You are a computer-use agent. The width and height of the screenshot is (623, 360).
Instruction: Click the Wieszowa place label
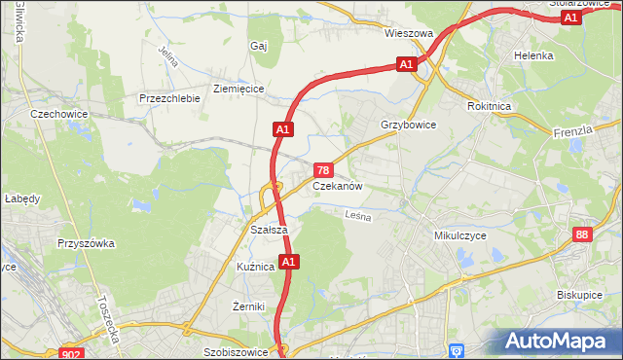[408, 33]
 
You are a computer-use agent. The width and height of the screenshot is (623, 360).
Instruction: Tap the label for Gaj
[258, 46]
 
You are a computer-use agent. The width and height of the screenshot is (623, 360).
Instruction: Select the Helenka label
[533, 55]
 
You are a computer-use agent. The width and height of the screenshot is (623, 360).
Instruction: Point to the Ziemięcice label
[238, 88]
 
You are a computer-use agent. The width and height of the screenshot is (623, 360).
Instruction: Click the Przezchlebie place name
[169, 98]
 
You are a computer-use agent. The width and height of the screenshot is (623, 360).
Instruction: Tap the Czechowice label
[59, 114]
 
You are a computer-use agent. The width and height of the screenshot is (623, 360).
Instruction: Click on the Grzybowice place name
[408, 126]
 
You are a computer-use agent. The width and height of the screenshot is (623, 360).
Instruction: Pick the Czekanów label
[338, 186]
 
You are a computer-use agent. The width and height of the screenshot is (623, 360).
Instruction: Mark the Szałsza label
[268, 230]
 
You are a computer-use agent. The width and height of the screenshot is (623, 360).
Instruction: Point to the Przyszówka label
[87, 244]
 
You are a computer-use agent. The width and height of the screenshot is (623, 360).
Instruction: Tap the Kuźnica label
[256, 267]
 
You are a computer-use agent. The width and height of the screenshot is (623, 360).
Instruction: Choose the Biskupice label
[582, 292]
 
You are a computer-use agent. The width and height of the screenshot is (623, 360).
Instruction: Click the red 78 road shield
[328, 169]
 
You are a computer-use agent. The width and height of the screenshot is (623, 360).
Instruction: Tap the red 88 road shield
[582, 234]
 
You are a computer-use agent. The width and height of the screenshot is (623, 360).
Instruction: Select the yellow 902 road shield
[72, 354]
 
